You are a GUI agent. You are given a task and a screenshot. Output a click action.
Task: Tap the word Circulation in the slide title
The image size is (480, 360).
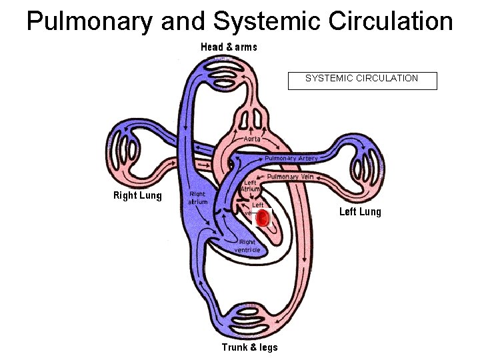[388, 21]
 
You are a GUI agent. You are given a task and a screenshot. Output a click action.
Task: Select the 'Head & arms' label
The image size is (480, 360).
[229, 47]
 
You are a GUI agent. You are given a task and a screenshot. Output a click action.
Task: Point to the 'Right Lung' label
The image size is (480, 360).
[137, 195]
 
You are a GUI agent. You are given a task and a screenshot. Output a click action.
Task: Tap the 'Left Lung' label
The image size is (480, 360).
[360, 212]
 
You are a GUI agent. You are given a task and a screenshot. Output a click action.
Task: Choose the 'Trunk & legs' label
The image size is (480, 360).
[249, 347]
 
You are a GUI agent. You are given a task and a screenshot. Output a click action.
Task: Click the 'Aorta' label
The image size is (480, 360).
[252, 139]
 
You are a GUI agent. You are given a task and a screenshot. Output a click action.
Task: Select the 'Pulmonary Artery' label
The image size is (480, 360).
[291, 159]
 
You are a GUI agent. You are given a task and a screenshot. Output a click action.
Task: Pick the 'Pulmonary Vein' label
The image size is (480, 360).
[291, 177]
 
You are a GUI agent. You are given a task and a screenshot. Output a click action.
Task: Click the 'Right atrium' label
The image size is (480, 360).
[198, 197]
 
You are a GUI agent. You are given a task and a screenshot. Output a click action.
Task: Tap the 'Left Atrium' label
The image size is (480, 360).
[250, 186]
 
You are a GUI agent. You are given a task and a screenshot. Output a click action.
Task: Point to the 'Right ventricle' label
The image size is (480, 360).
[247, 245]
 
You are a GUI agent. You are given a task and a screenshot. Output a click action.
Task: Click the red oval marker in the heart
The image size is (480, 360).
[263, 217]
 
